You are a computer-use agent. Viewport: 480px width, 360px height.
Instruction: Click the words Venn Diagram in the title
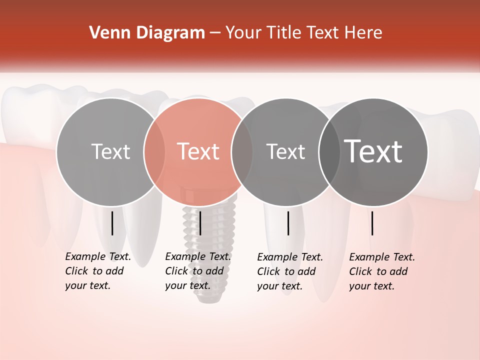147,33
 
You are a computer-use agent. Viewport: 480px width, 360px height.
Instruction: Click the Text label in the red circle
198,151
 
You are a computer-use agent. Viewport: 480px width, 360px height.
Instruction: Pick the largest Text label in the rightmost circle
373,151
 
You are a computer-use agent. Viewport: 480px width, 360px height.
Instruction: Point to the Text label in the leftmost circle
110,151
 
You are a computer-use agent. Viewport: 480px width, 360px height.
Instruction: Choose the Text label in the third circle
285,151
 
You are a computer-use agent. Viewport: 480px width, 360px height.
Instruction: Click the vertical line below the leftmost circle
112,223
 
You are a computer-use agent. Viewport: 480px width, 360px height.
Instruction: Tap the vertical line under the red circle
200,223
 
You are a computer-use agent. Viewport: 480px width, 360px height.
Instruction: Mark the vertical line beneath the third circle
288,223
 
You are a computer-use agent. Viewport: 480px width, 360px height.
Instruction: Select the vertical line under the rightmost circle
372,223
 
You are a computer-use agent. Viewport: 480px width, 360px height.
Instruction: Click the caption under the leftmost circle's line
98,271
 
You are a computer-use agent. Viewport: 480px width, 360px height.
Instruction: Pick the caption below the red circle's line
198,271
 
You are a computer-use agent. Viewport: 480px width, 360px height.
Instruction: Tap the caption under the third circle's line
290,271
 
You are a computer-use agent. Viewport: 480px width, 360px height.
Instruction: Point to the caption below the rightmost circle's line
382,271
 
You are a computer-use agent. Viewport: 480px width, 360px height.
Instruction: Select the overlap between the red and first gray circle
154,151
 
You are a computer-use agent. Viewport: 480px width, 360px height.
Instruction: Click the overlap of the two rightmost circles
329,151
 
